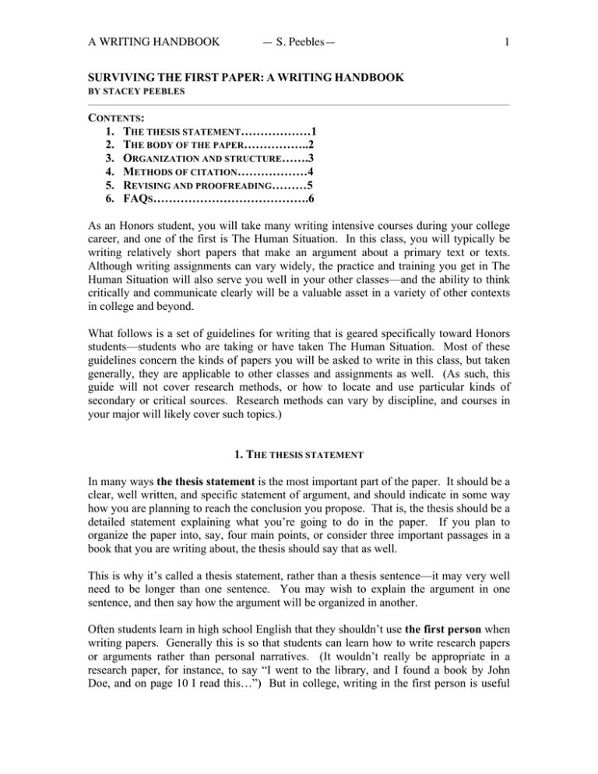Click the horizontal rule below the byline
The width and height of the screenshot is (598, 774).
(299, 100)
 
